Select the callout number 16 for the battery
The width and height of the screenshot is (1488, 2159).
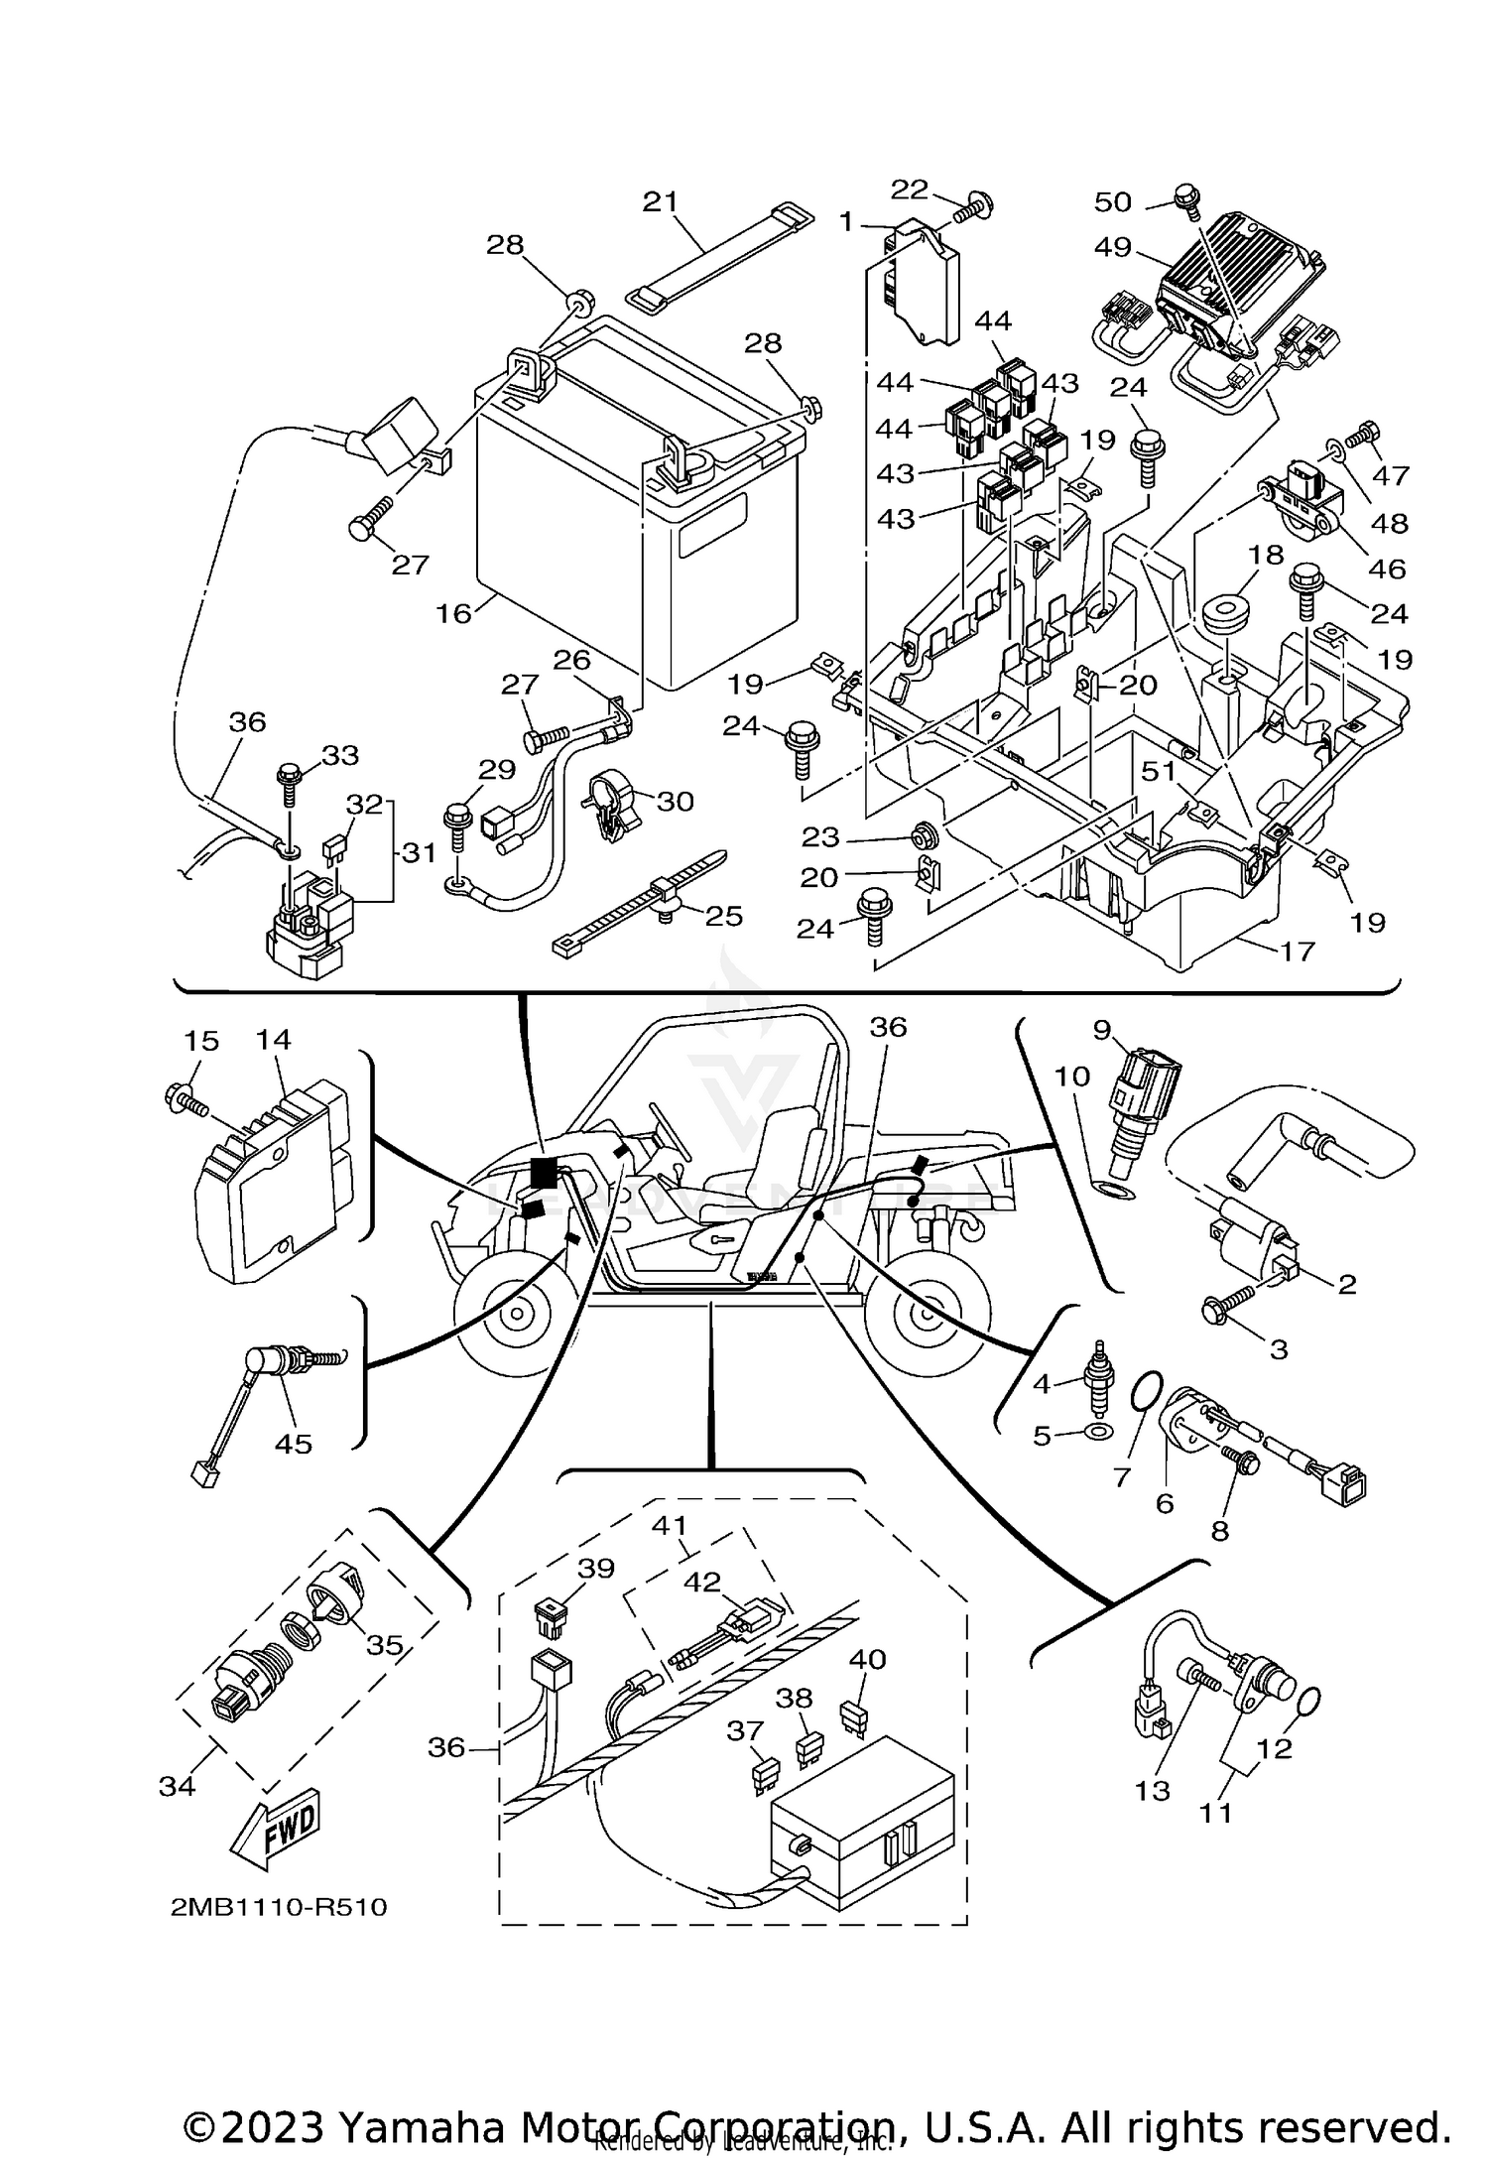(453, 613)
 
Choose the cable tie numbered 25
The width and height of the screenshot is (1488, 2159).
(645, 898)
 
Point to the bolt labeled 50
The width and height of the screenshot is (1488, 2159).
(1184, 194)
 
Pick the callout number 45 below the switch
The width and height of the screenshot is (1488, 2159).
(294, 1443)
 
